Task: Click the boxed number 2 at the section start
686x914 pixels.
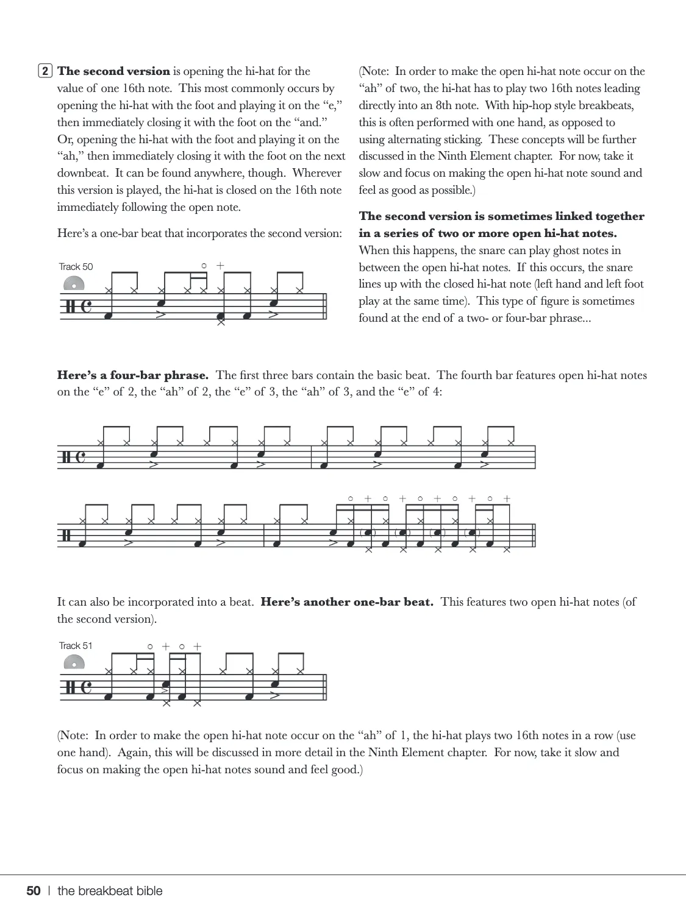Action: (45, 71)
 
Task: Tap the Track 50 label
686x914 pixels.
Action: (76, 267)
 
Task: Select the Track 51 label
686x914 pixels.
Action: (76, 646)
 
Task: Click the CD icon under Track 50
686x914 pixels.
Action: (74, 285)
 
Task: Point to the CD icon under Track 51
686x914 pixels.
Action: (74, 663)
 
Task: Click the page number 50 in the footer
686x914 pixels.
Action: (34, 891)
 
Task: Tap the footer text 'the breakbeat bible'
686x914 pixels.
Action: (110, 891)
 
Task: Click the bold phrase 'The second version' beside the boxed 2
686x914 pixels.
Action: (113, 71)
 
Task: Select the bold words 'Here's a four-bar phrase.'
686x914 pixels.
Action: (133, 375)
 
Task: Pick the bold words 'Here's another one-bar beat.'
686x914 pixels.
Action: (347, 602)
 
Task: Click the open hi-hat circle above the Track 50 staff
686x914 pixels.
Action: (204, 266)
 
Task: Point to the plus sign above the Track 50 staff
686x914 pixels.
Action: (220, 266)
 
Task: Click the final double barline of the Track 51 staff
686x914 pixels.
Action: (324, 687)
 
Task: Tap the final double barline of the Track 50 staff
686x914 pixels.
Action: (324, 306)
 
